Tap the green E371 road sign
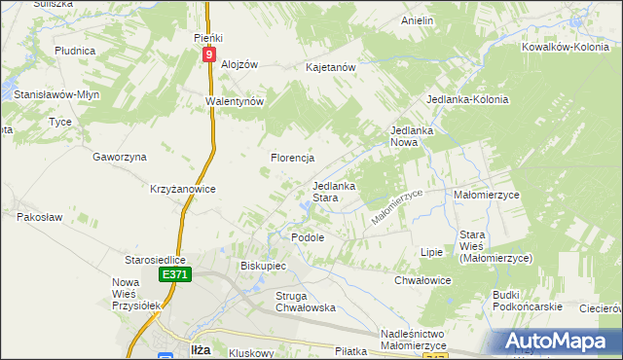(x=174, y=276)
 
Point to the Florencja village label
(x=291, y=157)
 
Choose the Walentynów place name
(x=235, y=100)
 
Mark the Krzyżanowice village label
(x=182, y=189)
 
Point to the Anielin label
(x=417, y=19)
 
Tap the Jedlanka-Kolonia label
(x=468, y=100)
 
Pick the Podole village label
(x=308, y=237)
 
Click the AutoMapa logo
(x=560, y=341)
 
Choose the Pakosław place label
(x=40, y=217)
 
